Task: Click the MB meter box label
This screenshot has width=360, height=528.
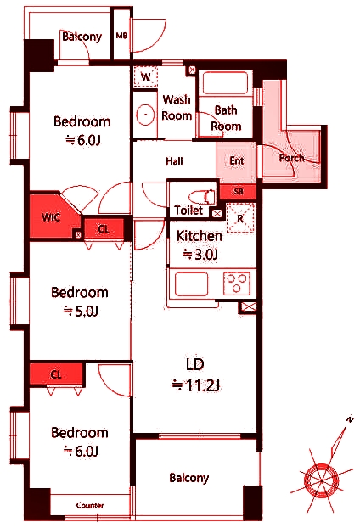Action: tap(121, 35)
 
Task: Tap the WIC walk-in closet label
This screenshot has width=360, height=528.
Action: tap(51, 217)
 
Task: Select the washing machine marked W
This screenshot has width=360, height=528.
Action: tap(145, 76)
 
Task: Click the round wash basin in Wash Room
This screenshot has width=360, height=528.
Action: tap(146, 115)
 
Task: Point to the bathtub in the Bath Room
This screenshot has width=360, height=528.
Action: tap(225, 82)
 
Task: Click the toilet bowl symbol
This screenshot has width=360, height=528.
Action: tap(202, 197)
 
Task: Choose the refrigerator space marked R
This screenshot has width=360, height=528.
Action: tap(240, 218)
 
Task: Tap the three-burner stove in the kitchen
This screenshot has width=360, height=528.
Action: tap(238, 284)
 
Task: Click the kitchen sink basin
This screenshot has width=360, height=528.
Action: tap(191, 284)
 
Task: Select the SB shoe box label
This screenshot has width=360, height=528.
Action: tap(239, 192)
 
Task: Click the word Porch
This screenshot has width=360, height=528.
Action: tap(291, 158)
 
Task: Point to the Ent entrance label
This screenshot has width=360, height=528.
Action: tap(237, 160)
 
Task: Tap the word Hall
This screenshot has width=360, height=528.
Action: tap(174, 161)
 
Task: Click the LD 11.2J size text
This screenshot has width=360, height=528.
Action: tap(195, 385)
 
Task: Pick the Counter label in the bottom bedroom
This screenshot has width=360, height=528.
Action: tap(90, 505)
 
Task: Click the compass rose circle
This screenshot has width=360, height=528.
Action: tap(321, 480)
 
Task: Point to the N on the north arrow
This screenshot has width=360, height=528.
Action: tap(350, 419)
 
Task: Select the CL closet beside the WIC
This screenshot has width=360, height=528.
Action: tap(104, 229)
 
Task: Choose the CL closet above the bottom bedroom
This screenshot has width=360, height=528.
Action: tap(56, 374)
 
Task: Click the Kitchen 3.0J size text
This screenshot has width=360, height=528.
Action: tap(200, 254)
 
